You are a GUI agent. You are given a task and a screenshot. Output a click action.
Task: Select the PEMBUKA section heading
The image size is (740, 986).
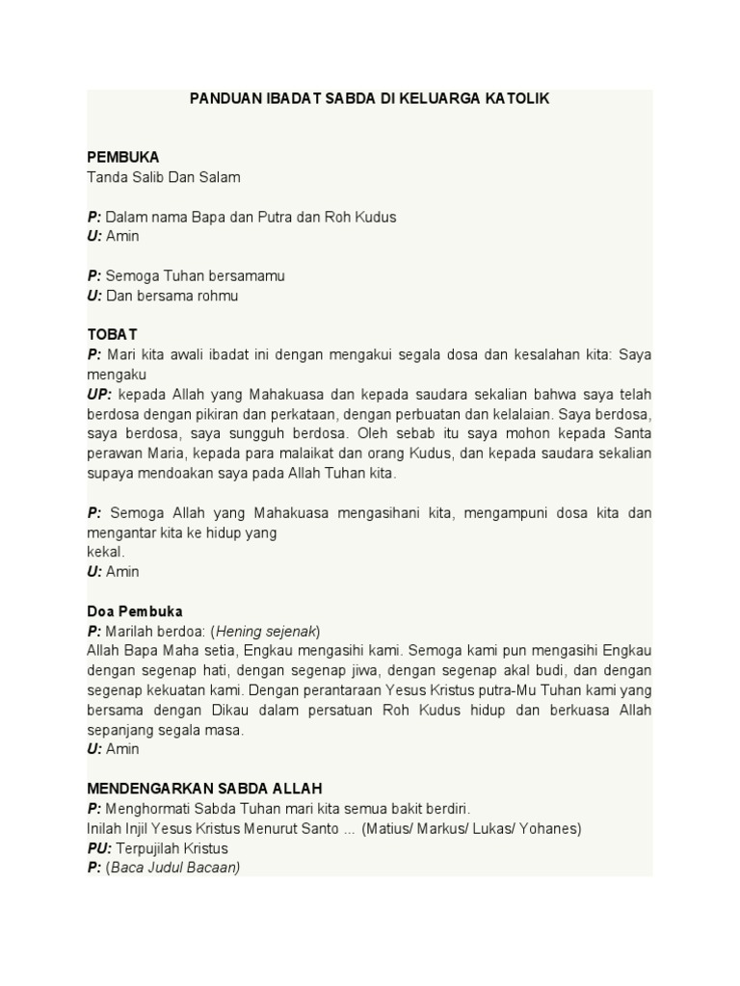click(x=123, y=157)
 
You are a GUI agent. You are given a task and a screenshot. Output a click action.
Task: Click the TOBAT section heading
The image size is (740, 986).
click(x=112, y=334)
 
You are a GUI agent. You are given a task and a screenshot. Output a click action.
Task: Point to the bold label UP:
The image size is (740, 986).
click(x=99, y=395)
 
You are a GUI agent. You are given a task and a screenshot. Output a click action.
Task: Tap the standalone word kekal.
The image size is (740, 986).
click(x=106, y=552)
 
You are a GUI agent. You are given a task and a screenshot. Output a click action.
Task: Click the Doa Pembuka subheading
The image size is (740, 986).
click(x=135, y=611)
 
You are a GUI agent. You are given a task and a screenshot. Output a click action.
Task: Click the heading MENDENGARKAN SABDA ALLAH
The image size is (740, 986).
click(x=204, y=789)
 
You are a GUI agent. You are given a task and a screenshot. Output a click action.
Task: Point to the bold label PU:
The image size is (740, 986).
click(x=99, y=848)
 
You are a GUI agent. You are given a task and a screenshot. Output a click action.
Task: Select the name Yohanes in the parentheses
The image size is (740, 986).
click(x=550, y=828)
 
